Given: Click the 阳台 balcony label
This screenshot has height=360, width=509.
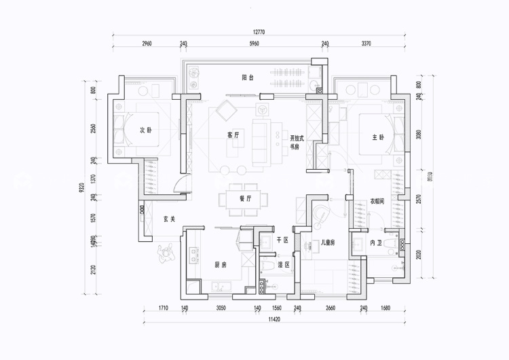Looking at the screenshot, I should tap(248, 78).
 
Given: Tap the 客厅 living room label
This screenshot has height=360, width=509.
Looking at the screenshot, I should tap(233, 135).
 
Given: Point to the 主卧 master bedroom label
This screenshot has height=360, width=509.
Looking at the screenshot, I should tap(378, 137).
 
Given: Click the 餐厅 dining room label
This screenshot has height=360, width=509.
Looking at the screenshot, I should tap(246, 199).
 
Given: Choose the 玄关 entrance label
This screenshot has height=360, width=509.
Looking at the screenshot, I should tap(169, 219).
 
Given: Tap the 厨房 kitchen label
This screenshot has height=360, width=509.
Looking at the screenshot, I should tap(221, 265).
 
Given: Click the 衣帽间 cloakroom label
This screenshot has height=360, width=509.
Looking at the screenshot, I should tap(378, 202).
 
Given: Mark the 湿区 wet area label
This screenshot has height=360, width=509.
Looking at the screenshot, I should tap(284, 264).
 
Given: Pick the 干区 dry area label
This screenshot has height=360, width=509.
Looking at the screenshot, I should tap(283, 240).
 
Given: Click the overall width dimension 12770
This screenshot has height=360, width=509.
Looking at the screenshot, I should tap(261, 31).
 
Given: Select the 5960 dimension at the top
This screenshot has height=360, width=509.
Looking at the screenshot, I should tap(254, 43).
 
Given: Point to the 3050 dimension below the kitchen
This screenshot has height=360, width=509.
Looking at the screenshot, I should tap(221, 308).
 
